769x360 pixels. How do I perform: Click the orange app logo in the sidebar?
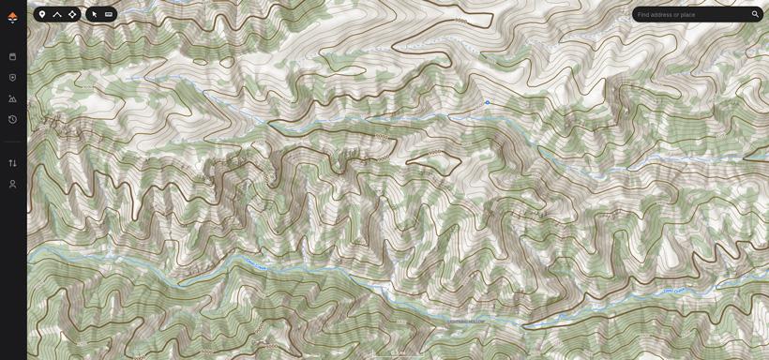12,17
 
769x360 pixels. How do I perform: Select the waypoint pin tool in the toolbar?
42,14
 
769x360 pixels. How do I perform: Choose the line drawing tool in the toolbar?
57,14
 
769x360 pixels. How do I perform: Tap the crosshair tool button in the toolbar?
72,14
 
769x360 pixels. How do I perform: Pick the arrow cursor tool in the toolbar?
94,14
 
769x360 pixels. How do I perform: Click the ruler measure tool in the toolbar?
109,14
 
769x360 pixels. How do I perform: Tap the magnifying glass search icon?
755,14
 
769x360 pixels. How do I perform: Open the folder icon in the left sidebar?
12,56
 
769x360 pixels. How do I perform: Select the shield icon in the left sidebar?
12,78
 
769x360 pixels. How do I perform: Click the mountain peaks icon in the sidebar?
12,98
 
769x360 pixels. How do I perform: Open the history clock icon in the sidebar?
12,119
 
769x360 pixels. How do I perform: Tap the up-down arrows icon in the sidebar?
12,163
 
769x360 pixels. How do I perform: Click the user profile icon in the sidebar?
12,184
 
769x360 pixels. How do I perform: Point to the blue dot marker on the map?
488,102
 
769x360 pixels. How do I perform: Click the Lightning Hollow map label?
466,322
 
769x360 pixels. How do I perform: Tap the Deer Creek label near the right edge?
673,292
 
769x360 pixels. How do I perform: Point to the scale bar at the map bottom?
399,354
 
